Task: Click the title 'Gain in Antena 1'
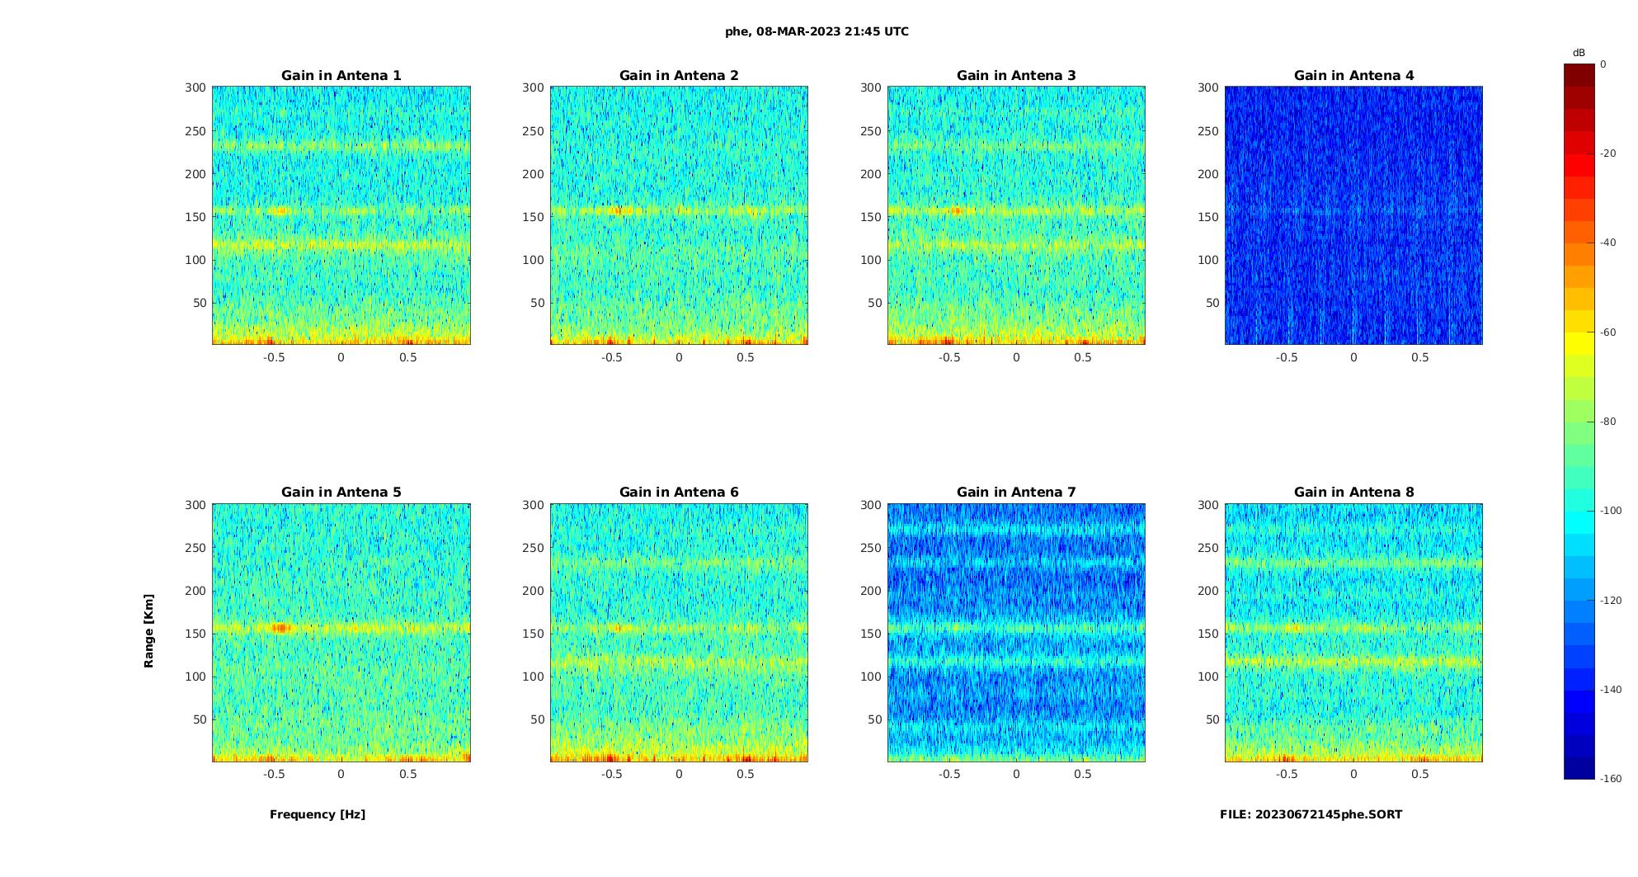pos(341,76)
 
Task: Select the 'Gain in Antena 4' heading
pos(1353,76)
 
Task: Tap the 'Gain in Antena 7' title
pos(1016,493)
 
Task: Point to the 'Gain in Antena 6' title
pos(679,493)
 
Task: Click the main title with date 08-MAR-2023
pos(817,32)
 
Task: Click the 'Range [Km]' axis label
pos(149,631)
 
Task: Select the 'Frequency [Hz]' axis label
pos(318,814)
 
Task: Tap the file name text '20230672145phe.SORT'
pos(1328,814)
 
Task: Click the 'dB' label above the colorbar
pos(1579,53)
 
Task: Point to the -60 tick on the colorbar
pos(1607,332)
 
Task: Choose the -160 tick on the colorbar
pos(1610,779)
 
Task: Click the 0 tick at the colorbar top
pos(1603,64)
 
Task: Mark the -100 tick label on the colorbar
pos(1610,511)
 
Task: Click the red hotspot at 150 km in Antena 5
pos(281,628)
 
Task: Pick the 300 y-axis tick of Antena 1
pos(195,87)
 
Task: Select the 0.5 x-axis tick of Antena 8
pos(1419,774)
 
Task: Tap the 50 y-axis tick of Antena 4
pos(1212,303)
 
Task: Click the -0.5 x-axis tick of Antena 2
pos(611,357)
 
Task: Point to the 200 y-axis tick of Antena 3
pos(871,174)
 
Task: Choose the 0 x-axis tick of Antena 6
pos(679,774)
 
